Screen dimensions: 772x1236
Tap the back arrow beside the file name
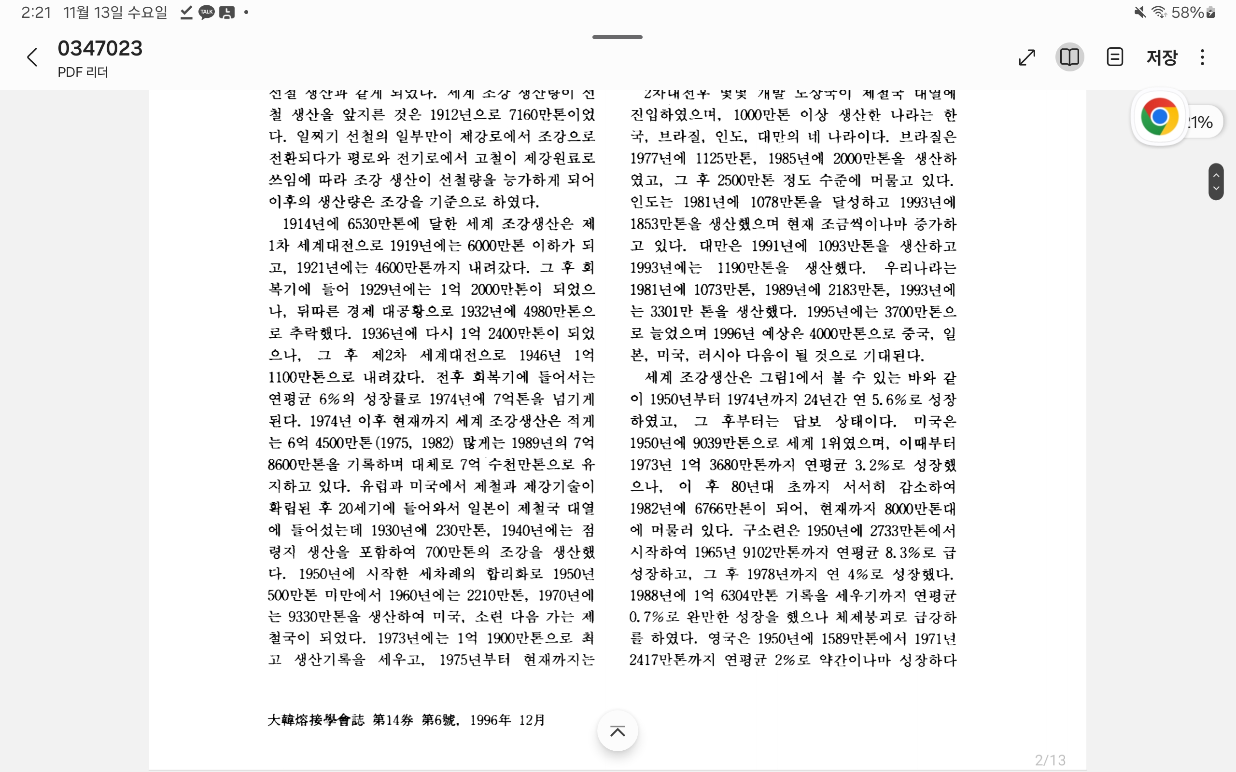click(32, 57)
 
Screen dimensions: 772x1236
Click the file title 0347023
click(100, 49)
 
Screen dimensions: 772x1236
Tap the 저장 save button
click(1162, 57)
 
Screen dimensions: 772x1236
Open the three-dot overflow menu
click(1202, 57)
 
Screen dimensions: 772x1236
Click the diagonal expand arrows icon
click(1026, 57)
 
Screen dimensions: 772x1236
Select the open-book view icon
click(1069, 57)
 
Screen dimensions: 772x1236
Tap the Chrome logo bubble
click(1159, 117)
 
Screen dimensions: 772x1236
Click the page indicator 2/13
click(1050, 760)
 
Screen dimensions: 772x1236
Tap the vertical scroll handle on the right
click(1216, 181)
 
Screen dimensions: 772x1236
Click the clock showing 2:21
click(36, 12)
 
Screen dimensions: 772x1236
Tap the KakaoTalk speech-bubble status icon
click(206, 12)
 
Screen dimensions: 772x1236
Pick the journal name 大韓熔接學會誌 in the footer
click(316, 720)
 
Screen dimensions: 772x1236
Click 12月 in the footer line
click(532, 720)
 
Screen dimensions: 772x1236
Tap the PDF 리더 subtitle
click(83, 72)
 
